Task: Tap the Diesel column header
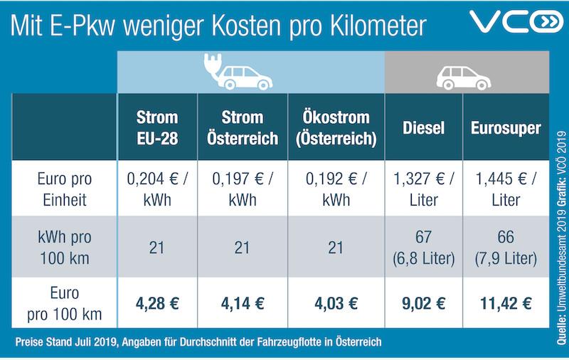click(x=423, y=129)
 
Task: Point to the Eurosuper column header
click(x=506, y=129)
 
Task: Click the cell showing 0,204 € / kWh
click(x=157, y=189)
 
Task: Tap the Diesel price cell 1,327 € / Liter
click(x=423, y=189)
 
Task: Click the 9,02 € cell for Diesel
click(x=423, y=303)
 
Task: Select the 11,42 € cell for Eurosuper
click(x=506, y=303)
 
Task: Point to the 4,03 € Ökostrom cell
click(x=332, y=303)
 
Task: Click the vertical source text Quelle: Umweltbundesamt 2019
click(x=555, y=228)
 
